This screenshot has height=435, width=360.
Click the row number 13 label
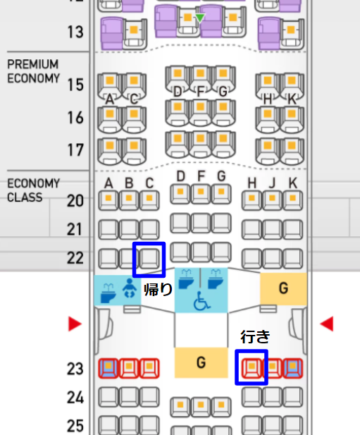75,32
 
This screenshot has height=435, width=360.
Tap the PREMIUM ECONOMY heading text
33,71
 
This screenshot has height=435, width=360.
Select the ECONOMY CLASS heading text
33,190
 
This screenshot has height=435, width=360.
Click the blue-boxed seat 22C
149,259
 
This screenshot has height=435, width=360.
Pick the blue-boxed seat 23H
252,367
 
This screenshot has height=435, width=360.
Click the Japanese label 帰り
159,290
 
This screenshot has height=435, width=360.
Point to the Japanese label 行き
255,336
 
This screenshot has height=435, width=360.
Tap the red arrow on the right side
326,324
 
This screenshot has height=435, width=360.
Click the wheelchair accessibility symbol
201,301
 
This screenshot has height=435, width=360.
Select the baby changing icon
130,288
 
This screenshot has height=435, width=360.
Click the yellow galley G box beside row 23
201,362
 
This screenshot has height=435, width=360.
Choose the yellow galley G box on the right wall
283,288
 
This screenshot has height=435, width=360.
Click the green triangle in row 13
200,18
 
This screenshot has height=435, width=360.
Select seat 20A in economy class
108,200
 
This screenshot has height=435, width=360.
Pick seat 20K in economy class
292,200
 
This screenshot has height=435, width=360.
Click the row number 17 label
75,150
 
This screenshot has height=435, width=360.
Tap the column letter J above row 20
273,183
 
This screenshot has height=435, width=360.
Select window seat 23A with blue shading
108,369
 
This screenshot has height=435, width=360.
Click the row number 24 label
75,398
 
